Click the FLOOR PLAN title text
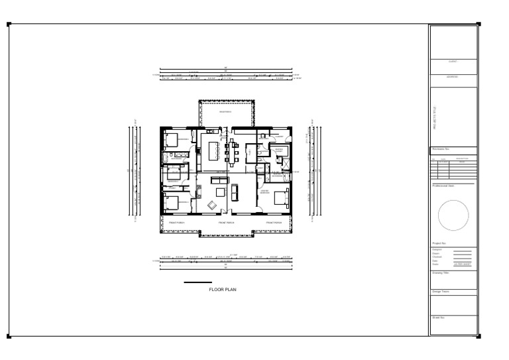(x=223, y=290)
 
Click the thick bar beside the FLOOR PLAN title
(x=198, y=283)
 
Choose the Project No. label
(x=439, y=243)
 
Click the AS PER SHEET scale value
(x=461, y=265)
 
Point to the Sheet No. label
(x=438, y=318)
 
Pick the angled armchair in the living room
(x=211, y=204)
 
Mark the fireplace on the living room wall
(x=197, y=192)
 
